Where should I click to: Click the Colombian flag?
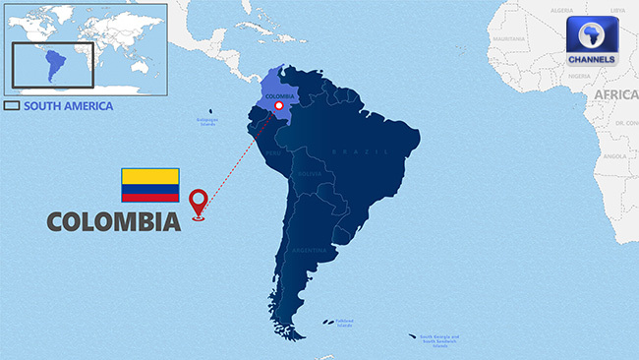tap(149, 184)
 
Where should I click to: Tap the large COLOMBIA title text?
tap(114, 222)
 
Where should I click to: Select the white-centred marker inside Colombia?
tap(279, 105)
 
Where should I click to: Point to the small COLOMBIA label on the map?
tap(279, 96)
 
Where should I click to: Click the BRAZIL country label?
tap(348, 152)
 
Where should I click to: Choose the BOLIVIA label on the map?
tap(311, 174)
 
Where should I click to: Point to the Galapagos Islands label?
tap(207, 123)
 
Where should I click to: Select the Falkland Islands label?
tap(344, 321)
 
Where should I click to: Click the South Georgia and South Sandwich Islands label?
tap(439, 341)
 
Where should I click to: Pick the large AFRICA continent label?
tap(615, 93)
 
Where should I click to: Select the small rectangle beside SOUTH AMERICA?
tap(13, 106)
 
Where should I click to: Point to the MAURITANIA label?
tap(508, 38)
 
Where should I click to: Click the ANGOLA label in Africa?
tap(614, 155)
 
